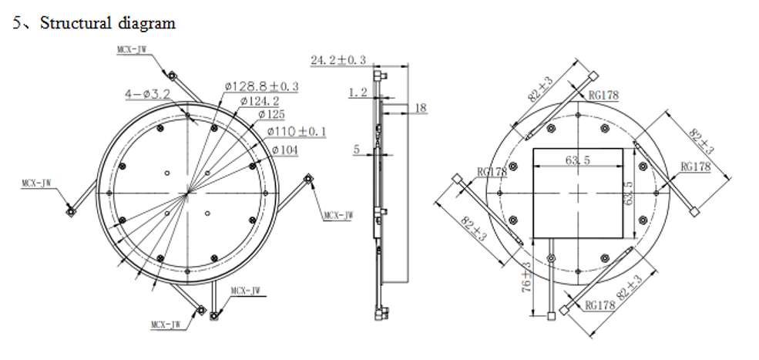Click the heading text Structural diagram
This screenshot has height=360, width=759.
point(107,23)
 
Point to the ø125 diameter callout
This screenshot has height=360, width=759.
point(271,115)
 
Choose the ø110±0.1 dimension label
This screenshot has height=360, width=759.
point(296,132)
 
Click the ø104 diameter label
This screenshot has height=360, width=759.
point(284,150)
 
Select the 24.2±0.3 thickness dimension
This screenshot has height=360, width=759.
point(338,59)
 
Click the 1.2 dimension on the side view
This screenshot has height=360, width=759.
point(358,93)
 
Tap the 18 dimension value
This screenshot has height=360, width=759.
point(421,108)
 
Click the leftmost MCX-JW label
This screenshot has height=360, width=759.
point(39,183)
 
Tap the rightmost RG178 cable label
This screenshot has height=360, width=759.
point(695,167)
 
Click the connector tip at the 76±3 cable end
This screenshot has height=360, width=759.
point(552,315)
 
